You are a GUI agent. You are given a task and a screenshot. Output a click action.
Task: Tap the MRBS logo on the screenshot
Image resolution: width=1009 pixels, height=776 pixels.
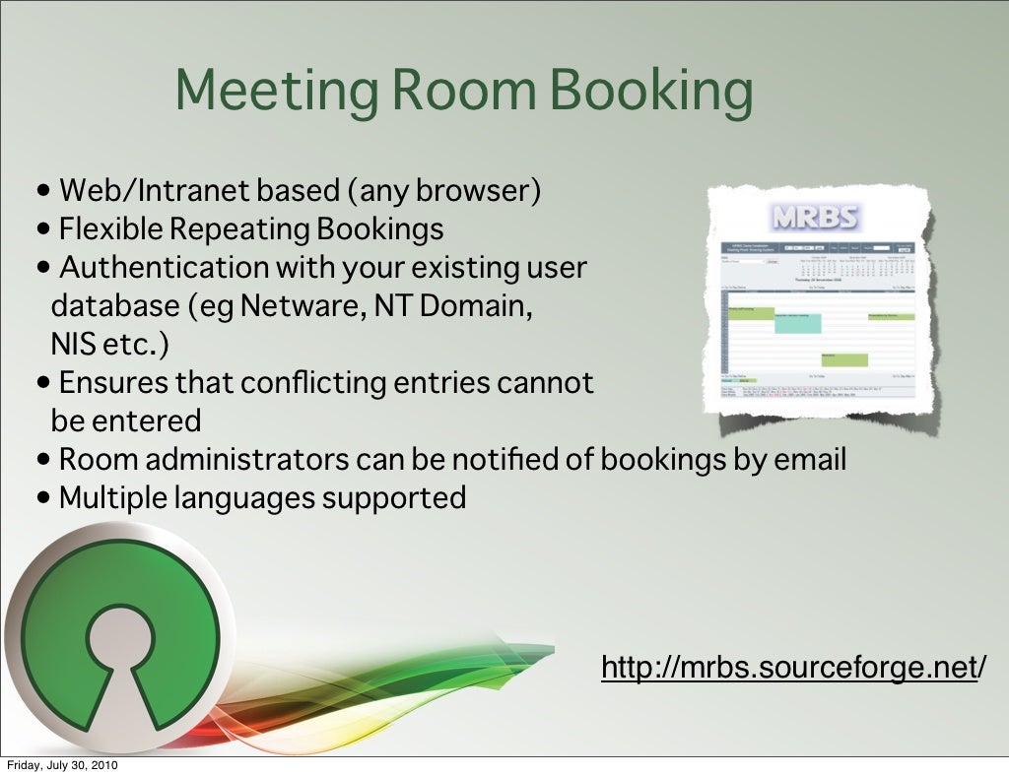point(813,218)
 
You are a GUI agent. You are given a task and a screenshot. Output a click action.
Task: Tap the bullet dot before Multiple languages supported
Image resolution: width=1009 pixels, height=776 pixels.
point(45,498)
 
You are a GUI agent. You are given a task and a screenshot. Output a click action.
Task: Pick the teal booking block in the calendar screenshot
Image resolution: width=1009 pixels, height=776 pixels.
point(797,322)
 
